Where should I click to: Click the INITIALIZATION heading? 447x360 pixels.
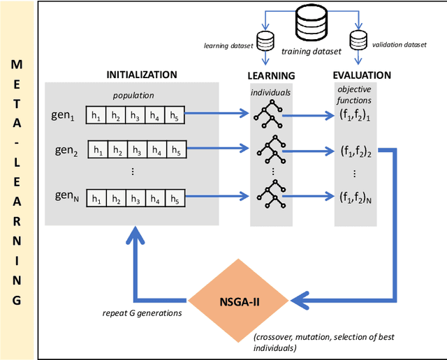[x=141, y=75]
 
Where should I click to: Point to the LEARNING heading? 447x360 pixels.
[x=271, y=75]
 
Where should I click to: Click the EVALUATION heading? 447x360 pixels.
[x=362, y=75]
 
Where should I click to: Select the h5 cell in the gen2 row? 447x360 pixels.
[x=176, y=149]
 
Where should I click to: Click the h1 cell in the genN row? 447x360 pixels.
[x=98, y=199]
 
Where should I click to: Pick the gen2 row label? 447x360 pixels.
[x=67, y=149]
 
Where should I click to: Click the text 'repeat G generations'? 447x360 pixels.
[x=142, y=313]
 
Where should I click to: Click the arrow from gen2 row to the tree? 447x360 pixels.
[x=217, y=149]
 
